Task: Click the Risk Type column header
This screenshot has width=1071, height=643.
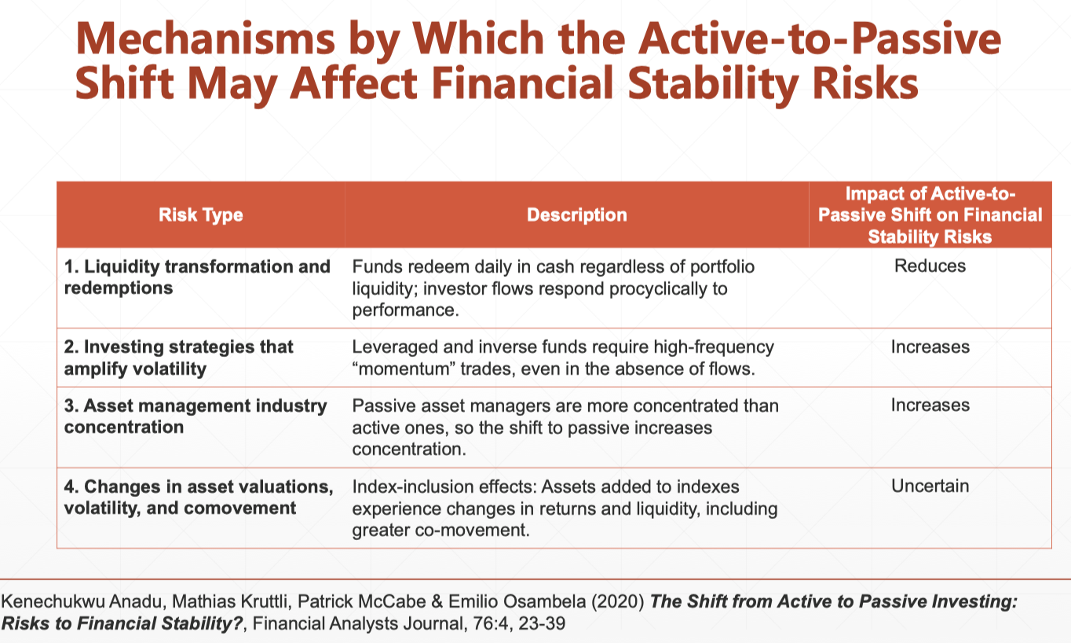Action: [x=200, y=215]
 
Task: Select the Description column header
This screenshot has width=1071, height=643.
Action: [x=576, y=215]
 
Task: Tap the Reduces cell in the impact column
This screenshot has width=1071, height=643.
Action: [x=930, y=266]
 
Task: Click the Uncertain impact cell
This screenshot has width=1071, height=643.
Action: [x=930, y=486]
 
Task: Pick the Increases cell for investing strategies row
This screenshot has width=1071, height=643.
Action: [x=930, y=347]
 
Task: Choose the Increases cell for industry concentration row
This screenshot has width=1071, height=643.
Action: [x=930, y=405]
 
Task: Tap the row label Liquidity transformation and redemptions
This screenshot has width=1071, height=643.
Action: [x=197, y=277]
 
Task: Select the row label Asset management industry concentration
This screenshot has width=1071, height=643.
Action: [x=196, y=416]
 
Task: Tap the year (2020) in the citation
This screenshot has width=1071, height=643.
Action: [x=619, y=603]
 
